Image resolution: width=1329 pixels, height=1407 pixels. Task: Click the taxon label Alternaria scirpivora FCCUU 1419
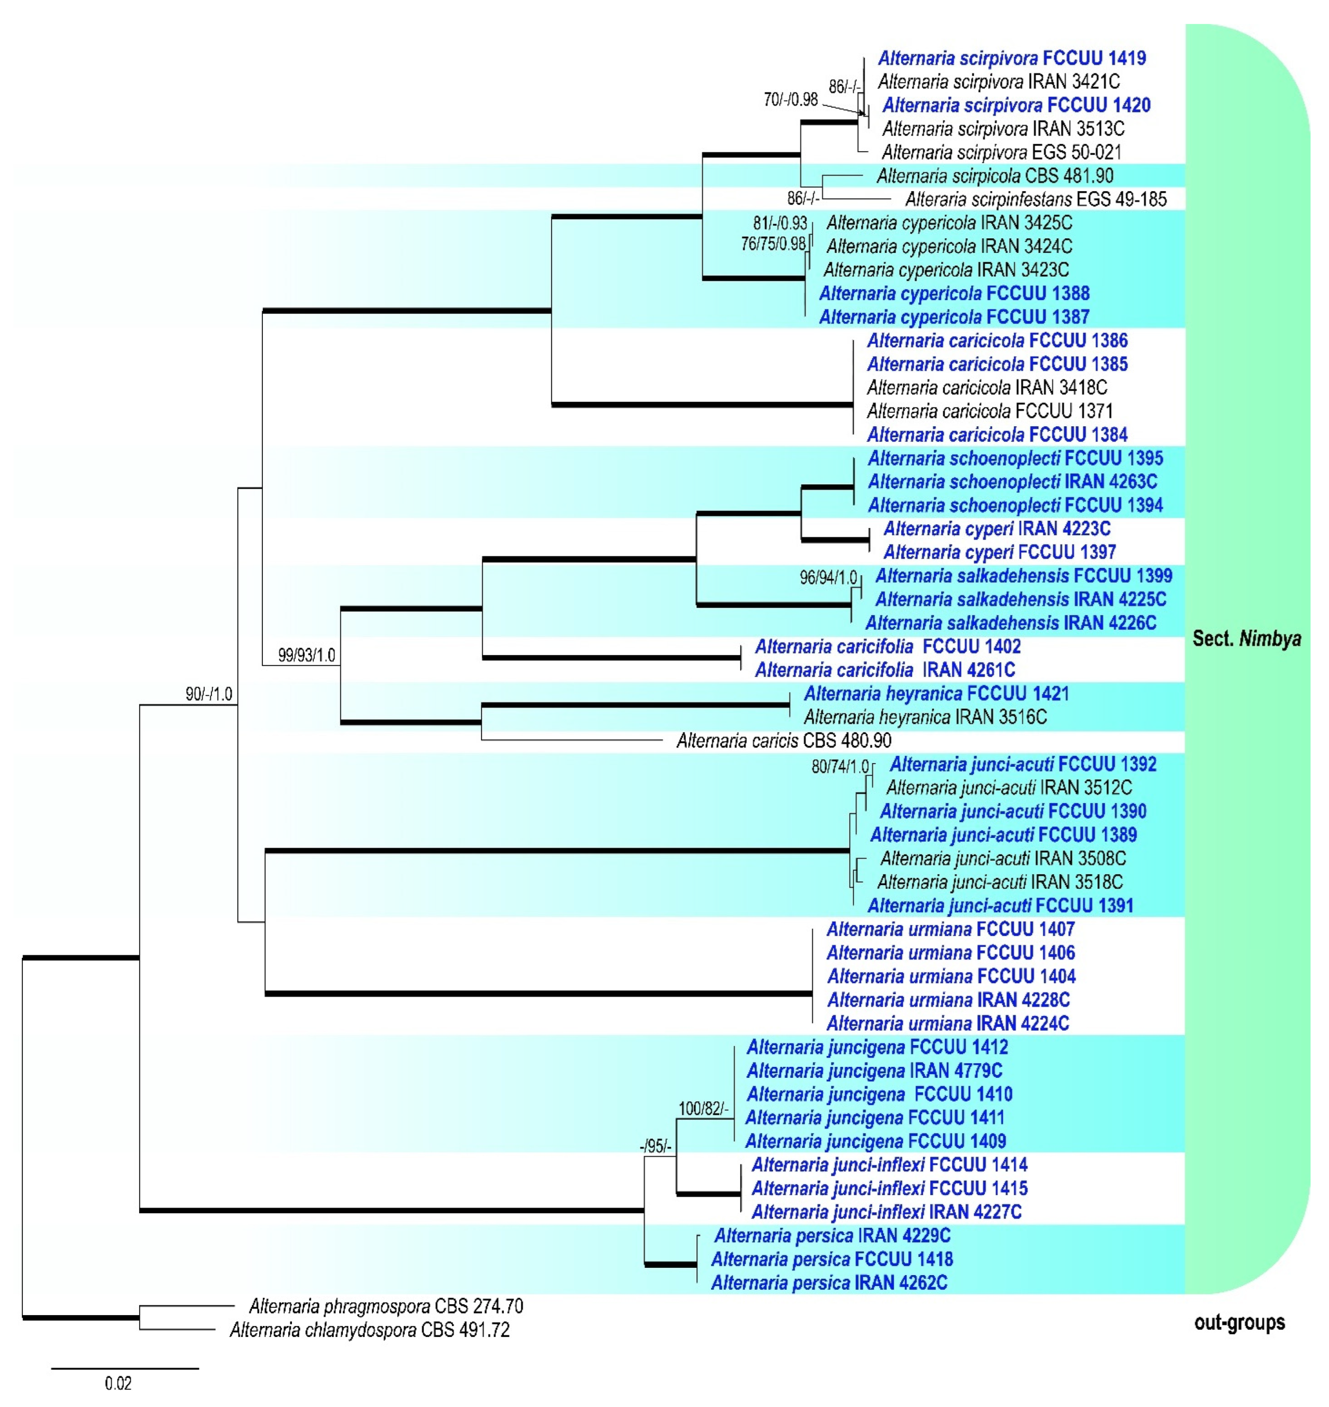(x=1012, y=58)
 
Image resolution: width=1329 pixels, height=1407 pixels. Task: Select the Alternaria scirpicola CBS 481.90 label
(x=995, y=175)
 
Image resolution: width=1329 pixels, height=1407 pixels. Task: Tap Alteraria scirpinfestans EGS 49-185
(x=1036, y=199)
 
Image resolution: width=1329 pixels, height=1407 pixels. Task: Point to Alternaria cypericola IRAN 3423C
(x=946, y=270)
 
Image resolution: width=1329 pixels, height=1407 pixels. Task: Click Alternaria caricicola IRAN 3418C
(x=987, y=387)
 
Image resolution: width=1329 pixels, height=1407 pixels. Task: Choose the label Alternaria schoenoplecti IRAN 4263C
(x=1012, y=481)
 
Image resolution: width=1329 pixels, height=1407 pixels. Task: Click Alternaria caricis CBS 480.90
(x=784, y=741)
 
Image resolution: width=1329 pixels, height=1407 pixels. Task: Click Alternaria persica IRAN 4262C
(x=829, y=1282)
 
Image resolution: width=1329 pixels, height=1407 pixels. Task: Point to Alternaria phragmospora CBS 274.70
(x=386, y=1306)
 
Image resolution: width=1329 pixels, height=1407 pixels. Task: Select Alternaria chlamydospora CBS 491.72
(x=370, y=1330)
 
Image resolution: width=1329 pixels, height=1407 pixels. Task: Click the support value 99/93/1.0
(x=306, y=655)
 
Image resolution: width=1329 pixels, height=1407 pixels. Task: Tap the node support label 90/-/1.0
(x=209, y=694)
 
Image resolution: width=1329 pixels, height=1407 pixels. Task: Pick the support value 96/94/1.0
(x=828, y=577)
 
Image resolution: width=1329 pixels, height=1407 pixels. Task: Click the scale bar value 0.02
(x=118, y=1383)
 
